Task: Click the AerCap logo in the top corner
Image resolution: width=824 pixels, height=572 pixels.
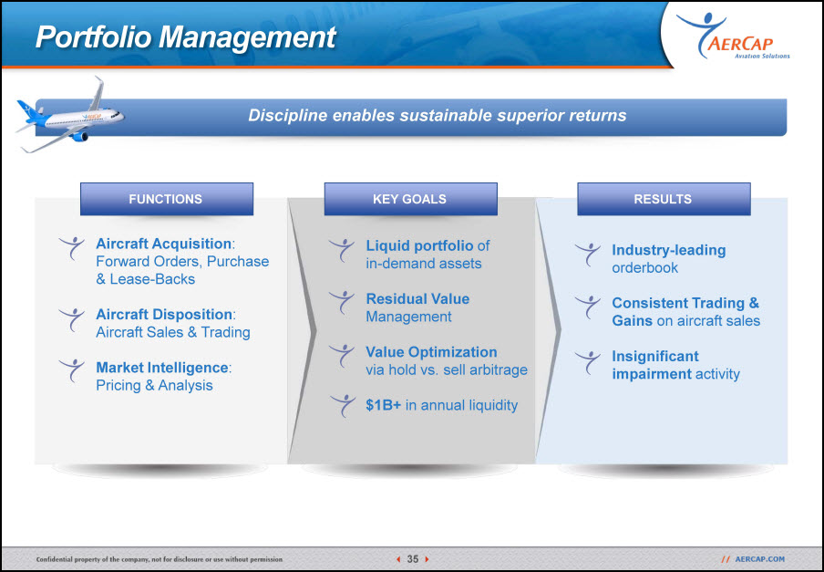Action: (733, 36)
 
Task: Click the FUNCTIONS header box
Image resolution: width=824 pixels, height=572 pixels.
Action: (167, 199)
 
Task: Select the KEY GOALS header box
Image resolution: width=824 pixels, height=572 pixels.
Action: (410, 199)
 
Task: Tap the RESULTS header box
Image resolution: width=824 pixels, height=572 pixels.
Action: (664, 199)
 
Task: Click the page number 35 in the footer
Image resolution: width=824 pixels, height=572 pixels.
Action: (413, 559)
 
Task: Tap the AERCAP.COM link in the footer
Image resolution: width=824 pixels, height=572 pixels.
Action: (759, 559)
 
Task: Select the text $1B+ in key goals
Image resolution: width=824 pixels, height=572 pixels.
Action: (383, 405)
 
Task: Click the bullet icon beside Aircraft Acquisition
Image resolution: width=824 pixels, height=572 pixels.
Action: (71, 247)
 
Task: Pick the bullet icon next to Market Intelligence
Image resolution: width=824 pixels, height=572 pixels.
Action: (71, 370)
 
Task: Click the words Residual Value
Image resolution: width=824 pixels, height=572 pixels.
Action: (417, 298)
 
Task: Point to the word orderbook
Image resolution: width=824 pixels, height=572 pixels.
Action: (644, 267)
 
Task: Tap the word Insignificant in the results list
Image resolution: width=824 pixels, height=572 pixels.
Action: (655, 356)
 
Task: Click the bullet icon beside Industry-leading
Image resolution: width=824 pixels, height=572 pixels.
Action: (588, 254)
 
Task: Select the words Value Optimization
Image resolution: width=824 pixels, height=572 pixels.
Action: (431, 352)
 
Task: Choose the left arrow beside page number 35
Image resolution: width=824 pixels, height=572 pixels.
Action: (398, 559)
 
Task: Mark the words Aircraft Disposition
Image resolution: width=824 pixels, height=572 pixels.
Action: (164, 315)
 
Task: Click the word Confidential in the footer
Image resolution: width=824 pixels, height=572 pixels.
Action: (54, 559)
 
